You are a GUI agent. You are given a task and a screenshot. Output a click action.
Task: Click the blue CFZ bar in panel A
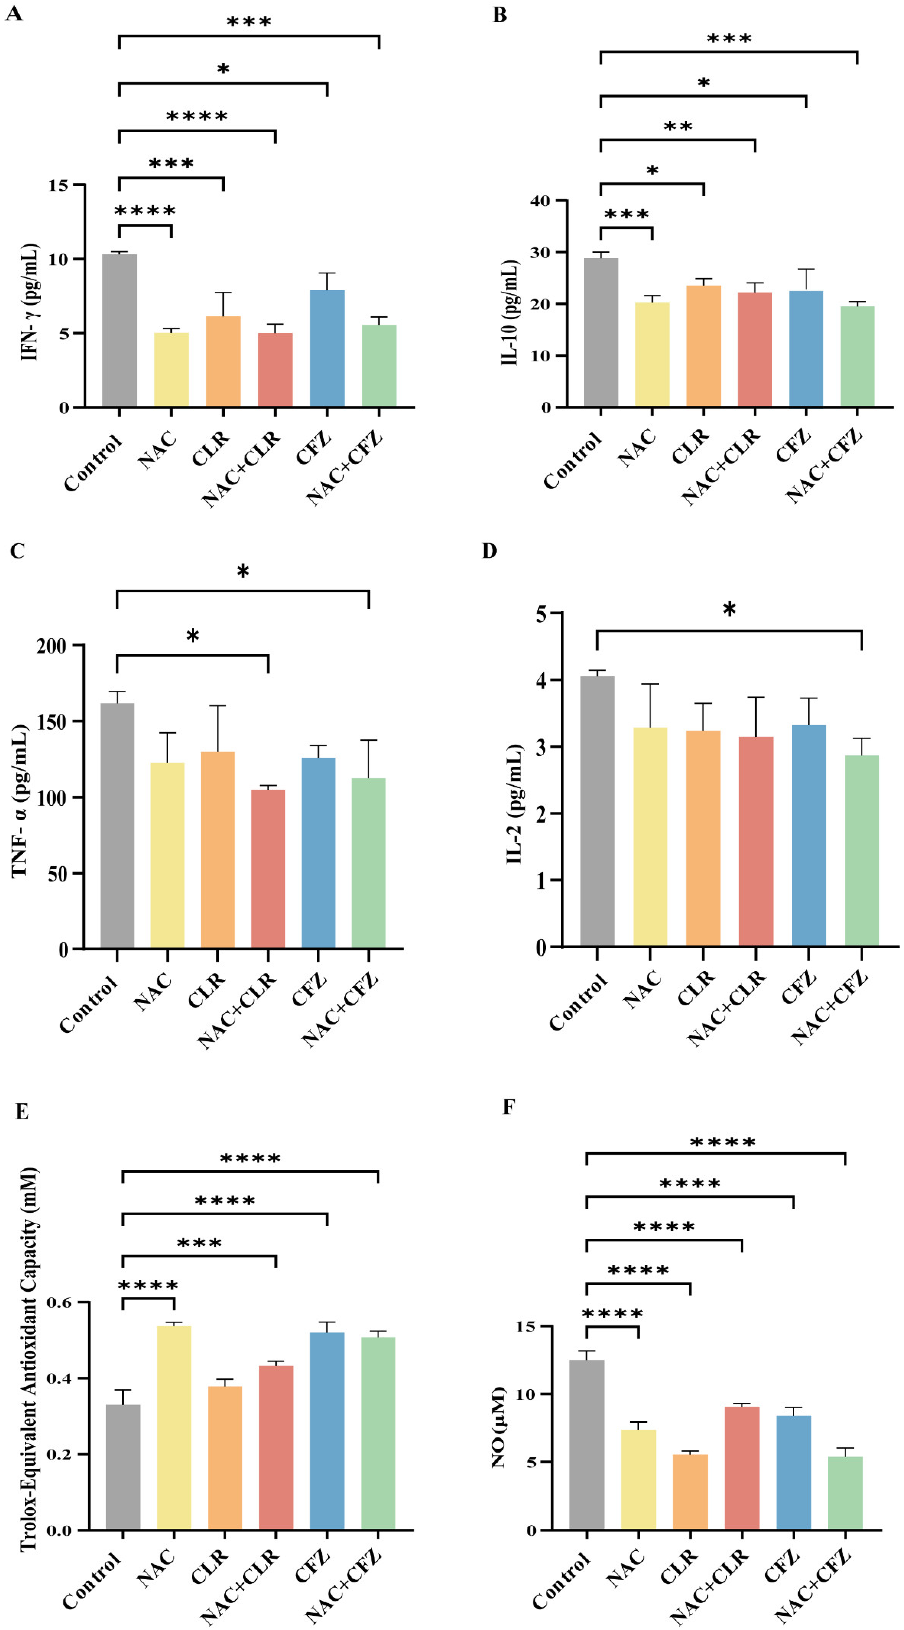pyautogui.click(x=327, y=348)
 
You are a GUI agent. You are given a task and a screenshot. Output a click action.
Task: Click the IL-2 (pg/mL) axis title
pyautogui.click(x=514, y=804)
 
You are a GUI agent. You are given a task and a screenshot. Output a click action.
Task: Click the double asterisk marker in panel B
pyautogui.click(x=678, y=127)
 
